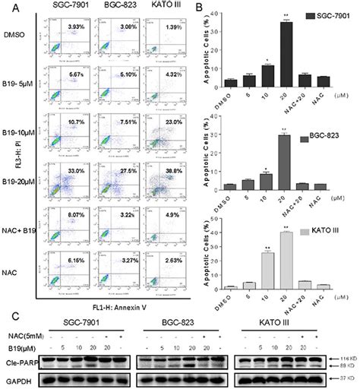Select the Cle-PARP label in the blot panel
click(23, 355)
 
